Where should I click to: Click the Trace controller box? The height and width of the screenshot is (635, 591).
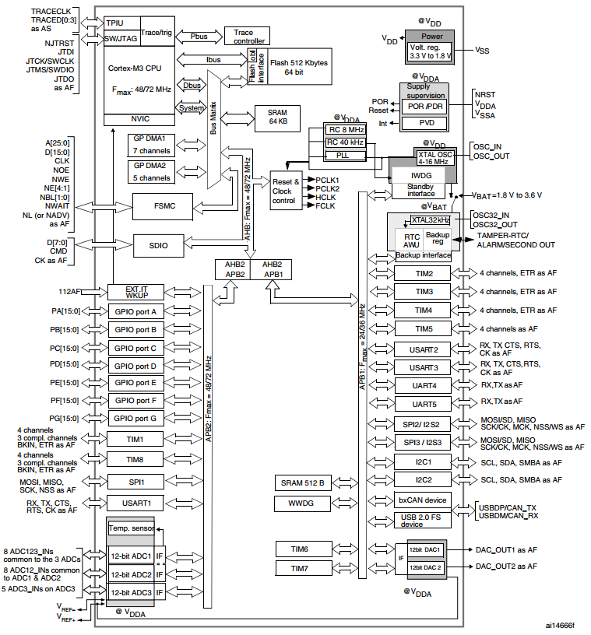[x=247, y=36]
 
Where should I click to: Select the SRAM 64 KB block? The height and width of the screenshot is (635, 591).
[x=277, y=118]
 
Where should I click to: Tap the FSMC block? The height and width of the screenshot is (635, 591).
[x=163, y=206]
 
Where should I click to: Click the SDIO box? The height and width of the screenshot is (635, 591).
[x=159, y=245]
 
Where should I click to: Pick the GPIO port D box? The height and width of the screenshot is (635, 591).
[x=135, y=366]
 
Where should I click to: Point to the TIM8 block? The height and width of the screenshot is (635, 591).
[x=135, y=460]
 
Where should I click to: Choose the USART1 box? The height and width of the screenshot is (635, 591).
[x=135, y=503]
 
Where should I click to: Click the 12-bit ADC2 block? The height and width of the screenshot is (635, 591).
[x=131, y=574]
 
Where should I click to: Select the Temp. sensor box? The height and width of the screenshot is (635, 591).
[x=132, y=528]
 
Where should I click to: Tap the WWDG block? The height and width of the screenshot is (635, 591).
[x=301, y=503]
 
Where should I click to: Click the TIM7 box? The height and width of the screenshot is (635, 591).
[x=299, y=569]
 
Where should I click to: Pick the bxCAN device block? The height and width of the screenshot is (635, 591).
[x=422, y=500]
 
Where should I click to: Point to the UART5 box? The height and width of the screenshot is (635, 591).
[x=423, y=404]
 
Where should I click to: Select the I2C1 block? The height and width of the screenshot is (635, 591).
[x=423, y=461]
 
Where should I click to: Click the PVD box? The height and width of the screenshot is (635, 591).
[x=426, y=123]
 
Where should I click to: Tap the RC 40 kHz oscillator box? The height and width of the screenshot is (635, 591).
[x=346, y=142]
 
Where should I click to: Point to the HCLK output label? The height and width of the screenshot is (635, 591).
[x=325, y=197]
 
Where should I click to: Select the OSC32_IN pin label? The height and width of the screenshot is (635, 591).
[x=491, y=215]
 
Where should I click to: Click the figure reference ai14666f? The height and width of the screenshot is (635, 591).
[x=560, y=626]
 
